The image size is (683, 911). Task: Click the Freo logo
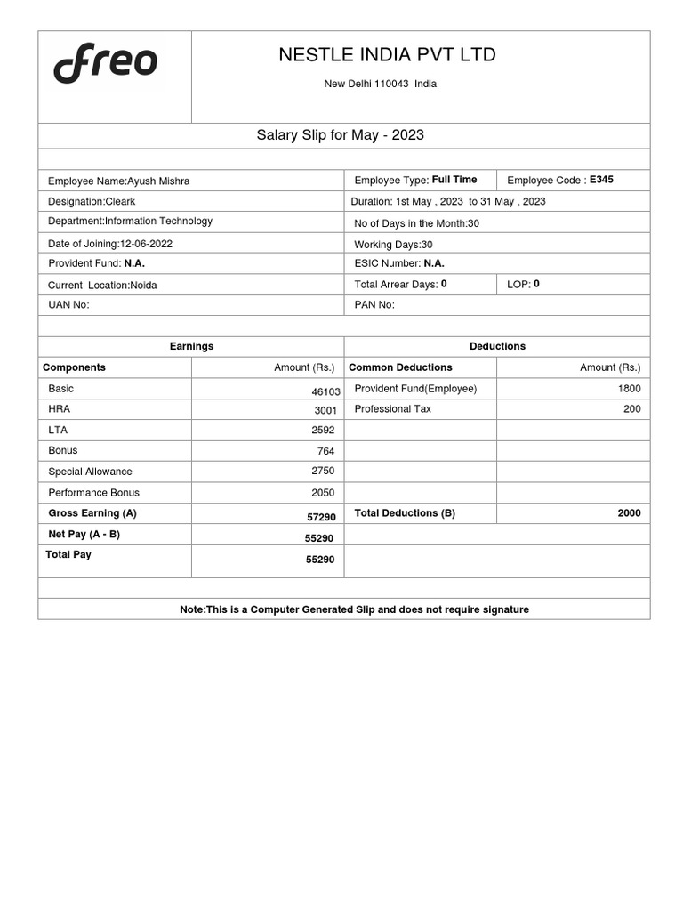point(105,64)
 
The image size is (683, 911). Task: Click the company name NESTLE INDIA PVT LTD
point(387,55)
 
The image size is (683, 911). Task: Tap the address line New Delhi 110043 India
point(380,85)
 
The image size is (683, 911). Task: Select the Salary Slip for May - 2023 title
point(340,135)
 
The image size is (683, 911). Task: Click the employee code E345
point(601,180)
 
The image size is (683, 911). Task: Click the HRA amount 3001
point(325,410)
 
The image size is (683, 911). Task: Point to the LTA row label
point(58,430)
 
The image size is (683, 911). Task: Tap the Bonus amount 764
point(325,451)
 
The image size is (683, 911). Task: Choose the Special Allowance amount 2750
point(323,472)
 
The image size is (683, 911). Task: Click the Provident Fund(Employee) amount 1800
point(629,389)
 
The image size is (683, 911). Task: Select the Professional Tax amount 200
point(631,409)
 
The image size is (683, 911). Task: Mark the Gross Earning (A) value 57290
point(321,517)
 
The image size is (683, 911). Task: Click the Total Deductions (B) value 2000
point(629,513)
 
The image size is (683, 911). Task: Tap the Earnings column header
point(191,346)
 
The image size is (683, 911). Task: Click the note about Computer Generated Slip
point(354,609)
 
